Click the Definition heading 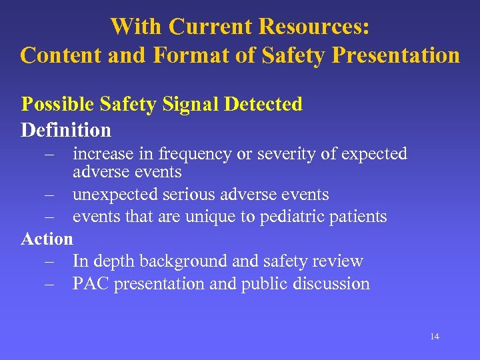pyautogui.click(x=66, y=129)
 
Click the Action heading pyautogui.click(x=47, y=238)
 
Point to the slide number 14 pyautogui.click(x=435, y=337)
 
